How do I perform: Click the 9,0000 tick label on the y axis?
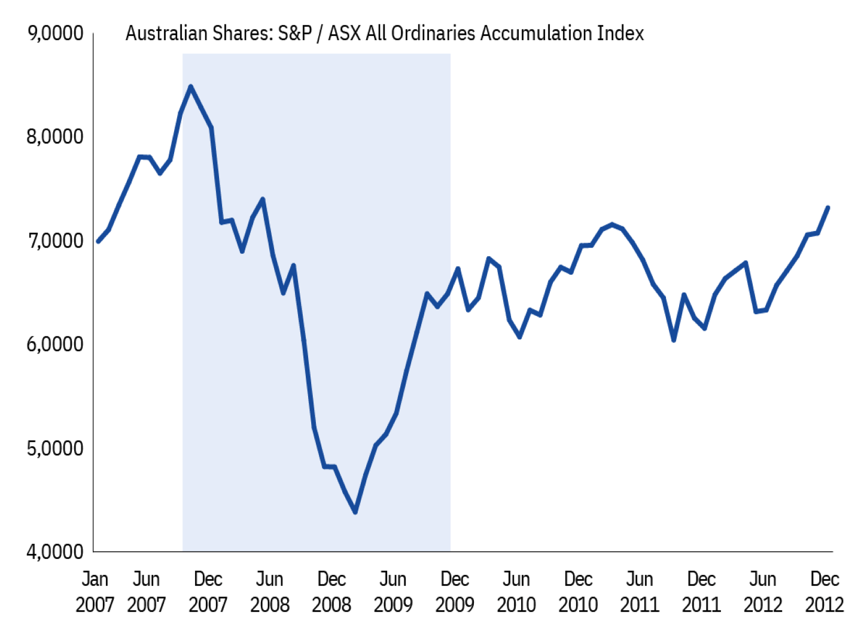point(55,34)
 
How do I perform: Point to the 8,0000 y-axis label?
point(55,137)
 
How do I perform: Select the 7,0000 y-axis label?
point(55,241)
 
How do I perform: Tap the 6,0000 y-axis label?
point(55,344)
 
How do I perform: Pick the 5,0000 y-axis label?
point(55,448)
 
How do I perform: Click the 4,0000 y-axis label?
point(55,552)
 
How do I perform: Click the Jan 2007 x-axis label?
point(95,592)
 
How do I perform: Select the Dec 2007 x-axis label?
point(208,592)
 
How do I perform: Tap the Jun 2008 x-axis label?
point(270,592)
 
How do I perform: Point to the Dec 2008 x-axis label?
point(331,592)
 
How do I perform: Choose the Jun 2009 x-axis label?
point(393,592)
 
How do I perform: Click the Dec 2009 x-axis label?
point(455,592)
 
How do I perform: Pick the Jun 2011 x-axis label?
point(640,592)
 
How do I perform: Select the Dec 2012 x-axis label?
point(824,592)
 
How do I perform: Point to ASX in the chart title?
point(344,34)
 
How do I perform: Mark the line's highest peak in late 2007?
point(191,87)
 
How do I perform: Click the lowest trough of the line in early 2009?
point(355,512)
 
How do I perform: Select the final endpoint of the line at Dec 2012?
point(828,208)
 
